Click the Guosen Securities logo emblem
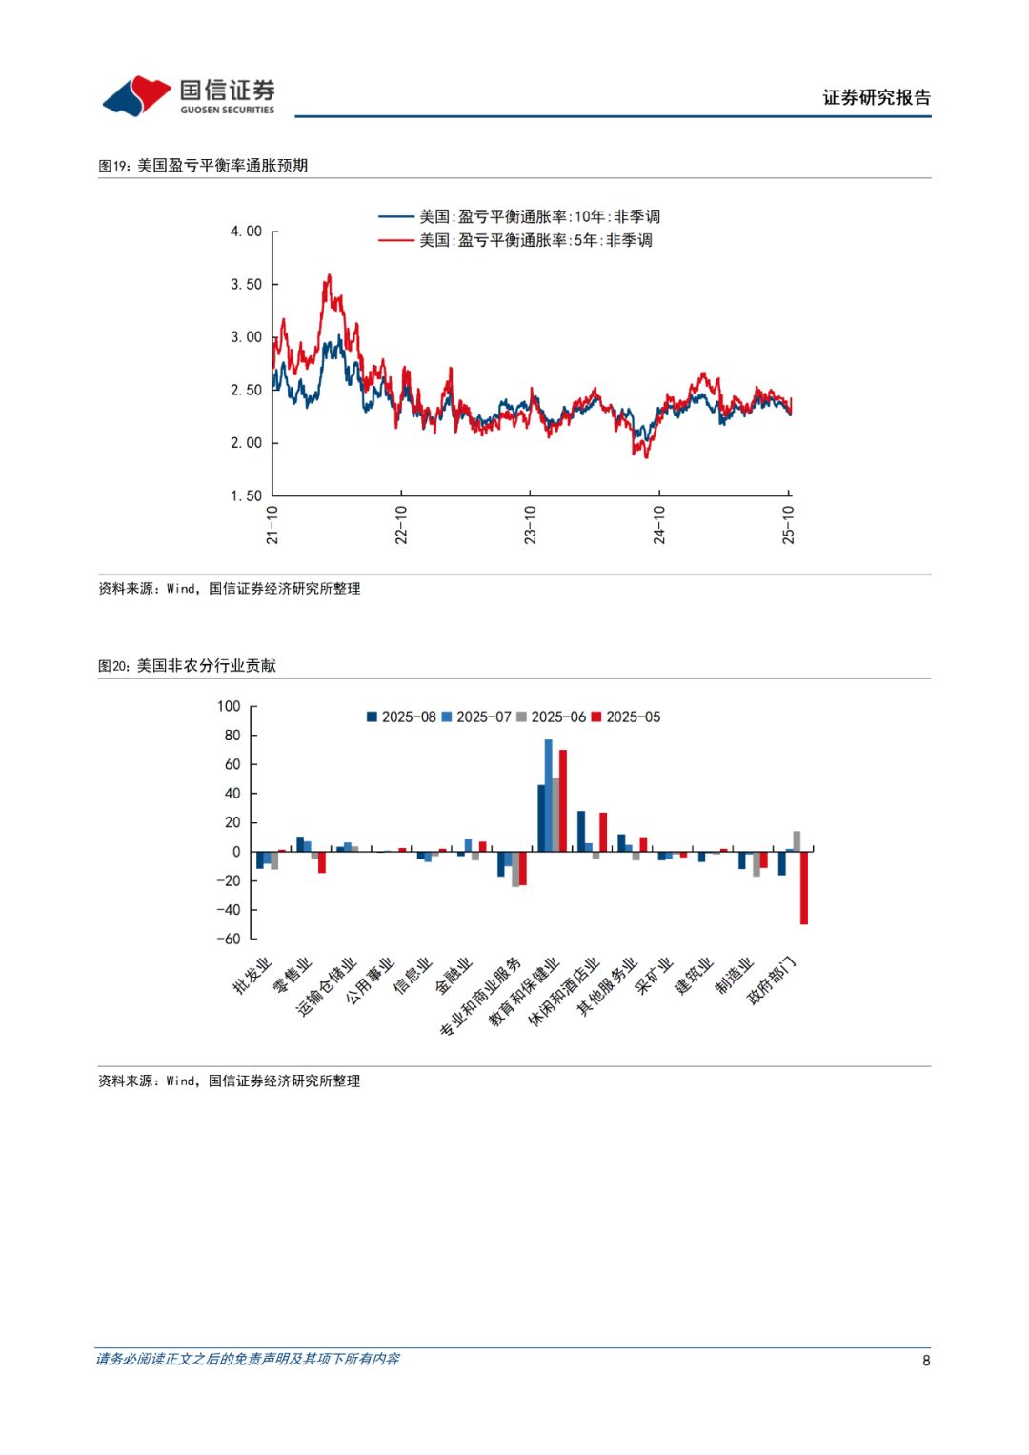pos(137,95)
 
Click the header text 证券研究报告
pos(877,97)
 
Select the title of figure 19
pos(203,166)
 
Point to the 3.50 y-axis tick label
pos(246,284)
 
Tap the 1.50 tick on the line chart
pos(246,495)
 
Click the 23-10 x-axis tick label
pos(530,525)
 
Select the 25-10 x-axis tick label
pos(788,525)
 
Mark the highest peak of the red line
pos(329,276)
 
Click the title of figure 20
pos(187,666)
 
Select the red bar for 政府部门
pos(804,887)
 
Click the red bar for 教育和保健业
pos(563,800)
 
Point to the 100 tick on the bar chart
pos(229,706)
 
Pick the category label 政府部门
pos(772,980)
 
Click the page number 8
pos(926,1360)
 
